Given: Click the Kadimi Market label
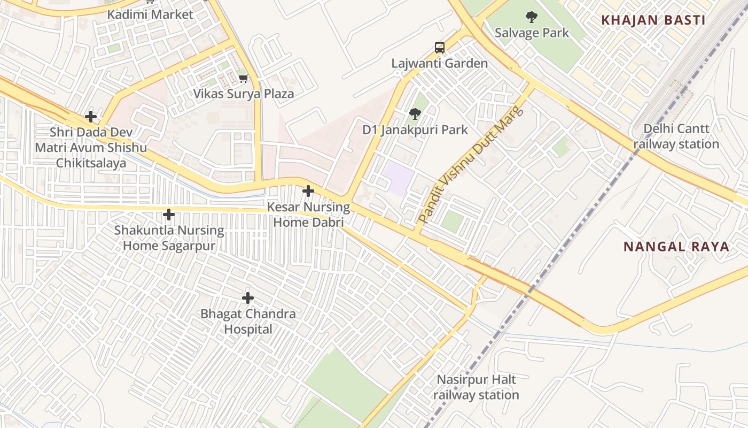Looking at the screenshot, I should [150, 14].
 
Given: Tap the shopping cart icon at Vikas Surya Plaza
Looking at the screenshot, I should [244, 79].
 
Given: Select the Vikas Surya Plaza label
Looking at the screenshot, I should [244, 94].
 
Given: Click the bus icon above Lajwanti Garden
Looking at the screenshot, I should [439, 48].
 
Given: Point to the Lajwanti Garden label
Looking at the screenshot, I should [439, 63].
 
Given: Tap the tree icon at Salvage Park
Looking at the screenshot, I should [531, 18].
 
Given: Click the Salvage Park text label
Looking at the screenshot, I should [532, 33].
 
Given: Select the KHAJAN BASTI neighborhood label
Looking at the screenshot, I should [653, 20].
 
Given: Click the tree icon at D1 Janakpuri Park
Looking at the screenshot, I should [415, 114].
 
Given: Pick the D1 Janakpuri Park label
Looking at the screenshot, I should [415, 129].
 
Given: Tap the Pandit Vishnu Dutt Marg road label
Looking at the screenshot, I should [471, 165].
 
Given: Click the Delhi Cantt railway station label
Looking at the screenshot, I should [676, 136].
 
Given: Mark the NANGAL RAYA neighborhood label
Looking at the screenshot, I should [676, 247].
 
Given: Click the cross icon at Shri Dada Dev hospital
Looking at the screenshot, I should [91, 116].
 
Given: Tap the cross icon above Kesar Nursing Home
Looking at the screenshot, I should [308, 190].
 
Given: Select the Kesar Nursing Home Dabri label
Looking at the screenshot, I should [308, 214].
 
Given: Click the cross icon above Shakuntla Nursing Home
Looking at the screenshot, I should [169, 215].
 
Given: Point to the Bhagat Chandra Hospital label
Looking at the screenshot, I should [248, 321].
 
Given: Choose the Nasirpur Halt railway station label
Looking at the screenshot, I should [476, 387].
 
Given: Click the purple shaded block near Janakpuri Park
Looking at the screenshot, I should [398, 179].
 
